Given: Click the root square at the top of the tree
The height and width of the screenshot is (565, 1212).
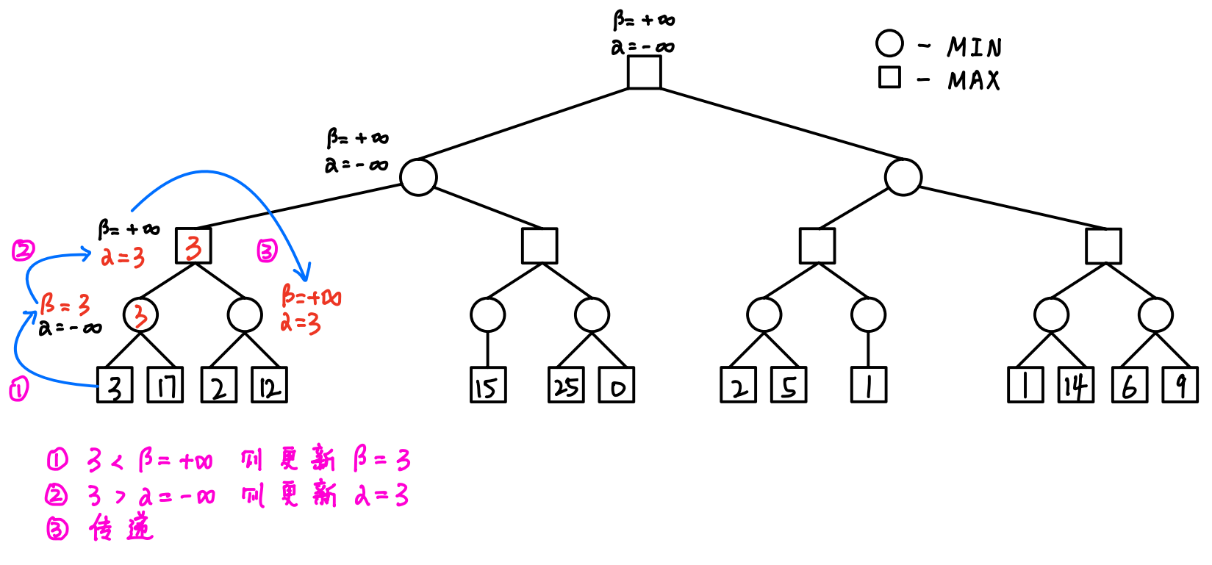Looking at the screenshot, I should click(644, 72).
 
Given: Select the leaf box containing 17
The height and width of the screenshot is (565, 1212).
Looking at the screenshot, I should click(165, 385).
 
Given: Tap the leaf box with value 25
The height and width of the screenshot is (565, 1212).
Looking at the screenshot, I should click(566, 385).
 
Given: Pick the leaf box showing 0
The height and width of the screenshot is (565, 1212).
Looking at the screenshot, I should click(617, 385).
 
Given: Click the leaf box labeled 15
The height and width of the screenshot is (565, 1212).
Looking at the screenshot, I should click(488, 385).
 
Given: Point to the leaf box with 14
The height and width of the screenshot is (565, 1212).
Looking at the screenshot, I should click(1076, 385).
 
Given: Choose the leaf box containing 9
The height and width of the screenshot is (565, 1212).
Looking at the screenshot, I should click(1180, 385).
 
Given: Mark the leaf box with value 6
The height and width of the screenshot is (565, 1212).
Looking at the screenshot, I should click(1130, 385).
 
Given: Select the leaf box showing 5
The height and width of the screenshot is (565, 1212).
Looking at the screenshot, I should click(789, 385).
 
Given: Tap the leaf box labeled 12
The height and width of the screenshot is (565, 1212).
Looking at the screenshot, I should click(270, 385).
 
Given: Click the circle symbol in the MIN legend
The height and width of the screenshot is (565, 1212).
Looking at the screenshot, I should click(889, 43).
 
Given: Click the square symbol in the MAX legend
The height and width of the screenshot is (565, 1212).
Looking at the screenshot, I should click(889, 77).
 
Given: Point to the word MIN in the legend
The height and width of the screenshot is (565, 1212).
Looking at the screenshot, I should click(974, 48).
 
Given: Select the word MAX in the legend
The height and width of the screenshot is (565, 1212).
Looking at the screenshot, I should click(974, 80).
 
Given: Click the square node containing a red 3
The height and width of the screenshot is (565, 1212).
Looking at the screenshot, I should click(193, 245).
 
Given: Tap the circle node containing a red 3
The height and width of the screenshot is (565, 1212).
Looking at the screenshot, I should click(140, 315).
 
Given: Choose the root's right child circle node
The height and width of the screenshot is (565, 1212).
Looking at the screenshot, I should click(903, 177).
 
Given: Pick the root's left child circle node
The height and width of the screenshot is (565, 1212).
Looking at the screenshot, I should click(419, 177).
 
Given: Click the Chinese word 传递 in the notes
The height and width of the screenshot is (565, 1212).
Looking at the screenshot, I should click(121, 528).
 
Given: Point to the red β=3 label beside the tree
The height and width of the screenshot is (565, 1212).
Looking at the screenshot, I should click(65, 303).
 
